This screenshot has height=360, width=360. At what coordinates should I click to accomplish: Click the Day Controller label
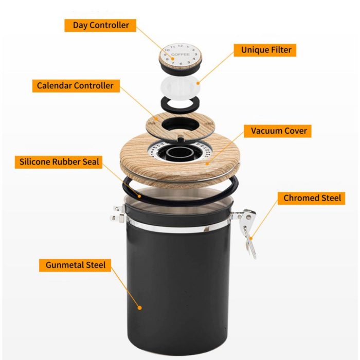(100, 25)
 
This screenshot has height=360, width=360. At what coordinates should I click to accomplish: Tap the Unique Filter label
(265, 50)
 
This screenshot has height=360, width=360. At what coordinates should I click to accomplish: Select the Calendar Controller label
(76, 86)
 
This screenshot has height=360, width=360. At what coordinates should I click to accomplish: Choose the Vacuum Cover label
(278, 131)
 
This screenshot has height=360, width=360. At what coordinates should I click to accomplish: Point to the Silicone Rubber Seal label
(59, 162)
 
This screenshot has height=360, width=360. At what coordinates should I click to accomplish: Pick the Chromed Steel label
(311, 198)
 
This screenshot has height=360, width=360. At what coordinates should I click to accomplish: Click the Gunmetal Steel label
(75, 265)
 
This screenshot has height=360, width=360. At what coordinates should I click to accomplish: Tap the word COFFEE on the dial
(181, 55)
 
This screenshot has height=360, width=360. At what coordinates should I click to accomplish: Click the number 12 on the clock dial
(180, 46)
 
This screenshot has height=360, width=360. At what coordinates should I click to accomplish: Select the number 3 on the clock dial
(195, 55)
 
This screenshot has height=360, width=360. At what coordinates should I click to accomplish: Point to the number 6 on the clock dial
(181, 64)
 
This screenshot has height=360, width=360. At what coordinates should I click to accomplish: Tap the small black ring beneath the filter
(180, 104)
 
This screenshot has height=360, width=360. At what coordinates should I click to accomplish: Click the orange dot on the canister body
(139, 308)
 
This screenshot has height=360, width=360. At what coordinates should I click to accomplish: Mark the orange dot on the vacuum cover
(208, 164)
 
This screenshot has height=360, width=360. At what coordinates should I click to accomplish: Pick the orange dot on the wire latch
(251, 238)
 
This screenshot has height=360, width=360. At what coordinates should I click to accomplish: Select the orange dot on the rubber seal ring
(139, 196)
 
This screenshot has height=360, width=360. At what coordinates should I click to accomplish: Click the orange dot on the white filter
(198, 83)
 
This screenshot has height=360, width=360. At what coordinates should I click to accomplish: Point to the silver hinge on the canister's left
(118, 213)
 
